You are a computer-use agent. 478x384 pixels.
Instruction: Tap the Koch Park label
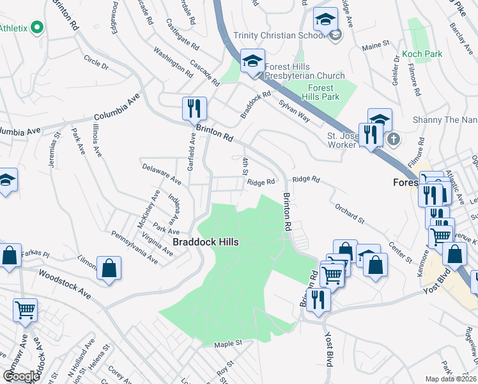[x=422, y=54]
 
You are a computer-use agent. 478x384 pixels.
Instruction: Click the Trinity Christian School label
[x=279, y=36]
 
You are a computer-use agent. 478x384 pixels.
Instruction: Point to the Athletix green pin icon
[x=36, y=28]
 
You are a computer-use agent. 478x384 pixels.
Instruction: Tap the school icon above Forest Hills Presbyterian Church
[x=252, y=61]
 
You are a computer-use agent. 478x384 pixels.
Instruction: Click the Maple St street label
[x=229, y=344]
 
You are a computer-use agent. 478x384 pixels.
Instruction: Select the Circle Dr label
[x=96, y=63]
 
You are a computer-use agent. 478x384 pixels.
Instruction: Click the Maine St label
[x=376, y=45]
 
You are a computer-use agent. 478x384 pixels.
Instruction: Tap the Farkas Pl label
[x=35, y=254]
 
